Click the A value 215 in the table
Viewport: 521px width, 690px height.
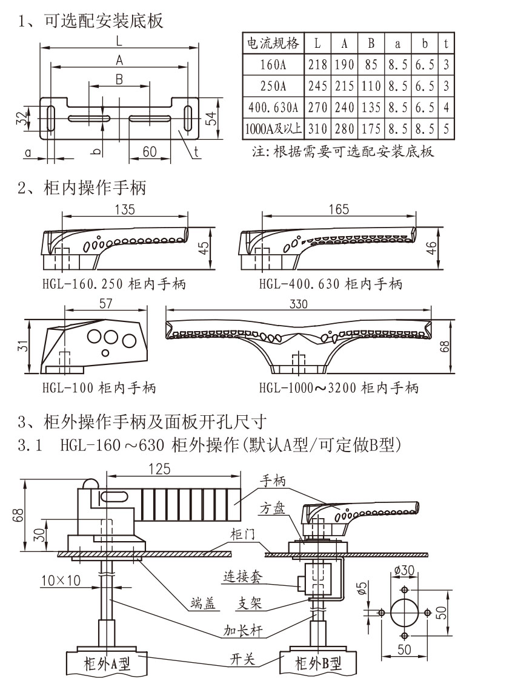point(344,87)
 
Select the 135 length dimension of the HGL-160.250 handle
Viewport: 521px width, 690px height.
point(124,209)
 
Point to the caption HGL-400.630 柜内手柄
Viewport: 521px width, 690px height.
point(331,283)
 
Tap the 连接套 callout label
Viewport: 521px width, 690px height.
point(243,577)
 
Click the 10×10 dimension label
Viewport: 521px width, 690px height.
point(61,580)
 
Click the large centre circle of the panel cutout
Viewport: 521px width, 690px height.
point(405,613)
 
